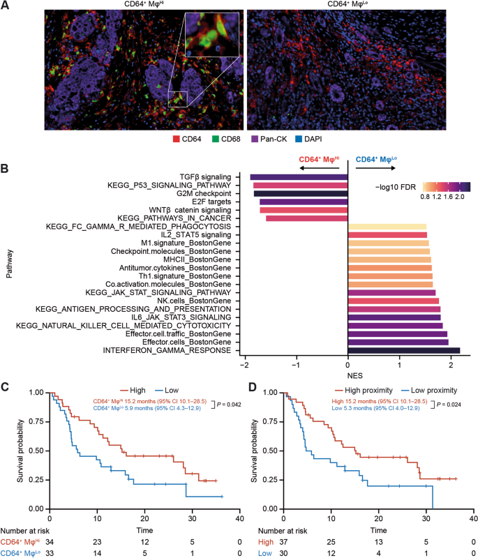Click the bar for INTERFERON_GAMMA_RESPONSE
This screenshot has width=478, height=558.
(x=404, y=350)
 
